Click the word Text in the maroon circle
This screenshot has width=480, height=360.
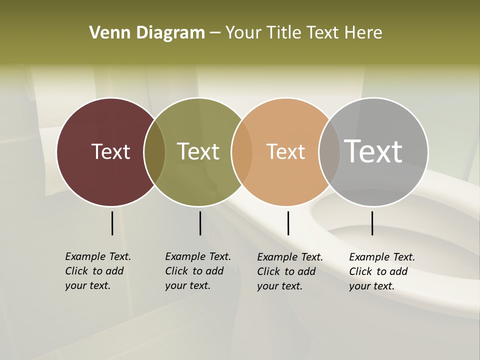coord(110,151)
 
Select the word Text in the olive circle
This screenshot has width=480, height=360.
coord(198,151)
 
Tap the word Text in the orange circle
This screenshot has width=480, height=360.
coord(285,151)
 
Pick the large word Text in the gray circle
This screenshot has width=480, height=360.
coord(373,151)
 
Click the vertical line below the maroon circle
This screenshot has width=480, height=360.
coord(112,223)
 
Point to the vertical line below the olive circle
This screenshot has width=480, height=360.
coord(200,223)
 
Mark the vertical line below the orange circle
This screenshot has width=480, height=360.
coord(288,223)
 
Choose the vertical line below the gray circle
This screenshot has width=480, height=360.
coord(372,223)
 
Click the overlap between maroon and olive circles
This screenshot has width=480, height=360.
coord(154,152)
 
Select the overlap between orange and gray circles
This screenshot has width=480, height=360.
coord(329,152)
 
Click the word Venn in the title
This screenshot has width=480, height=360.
coord(104,33)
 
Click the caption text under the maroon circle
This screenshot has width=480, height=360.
coord(98,271)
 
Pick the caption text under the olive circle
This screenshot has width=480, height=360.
coord(198,271)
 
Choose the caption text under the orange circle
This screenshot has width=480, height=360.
coord(290,271)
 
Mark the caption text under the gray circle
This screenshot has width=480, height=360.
coord(382,271)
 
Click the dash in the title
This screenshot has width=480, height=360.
coord(215,33)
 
